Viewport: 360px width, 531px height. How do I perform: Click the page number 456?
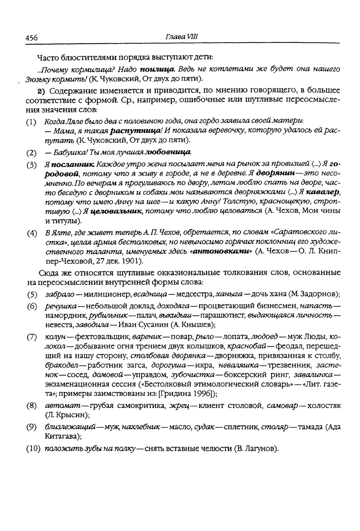coord(32,38)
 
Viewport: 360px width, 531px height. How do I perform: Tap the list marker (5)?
coord(32,295)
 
